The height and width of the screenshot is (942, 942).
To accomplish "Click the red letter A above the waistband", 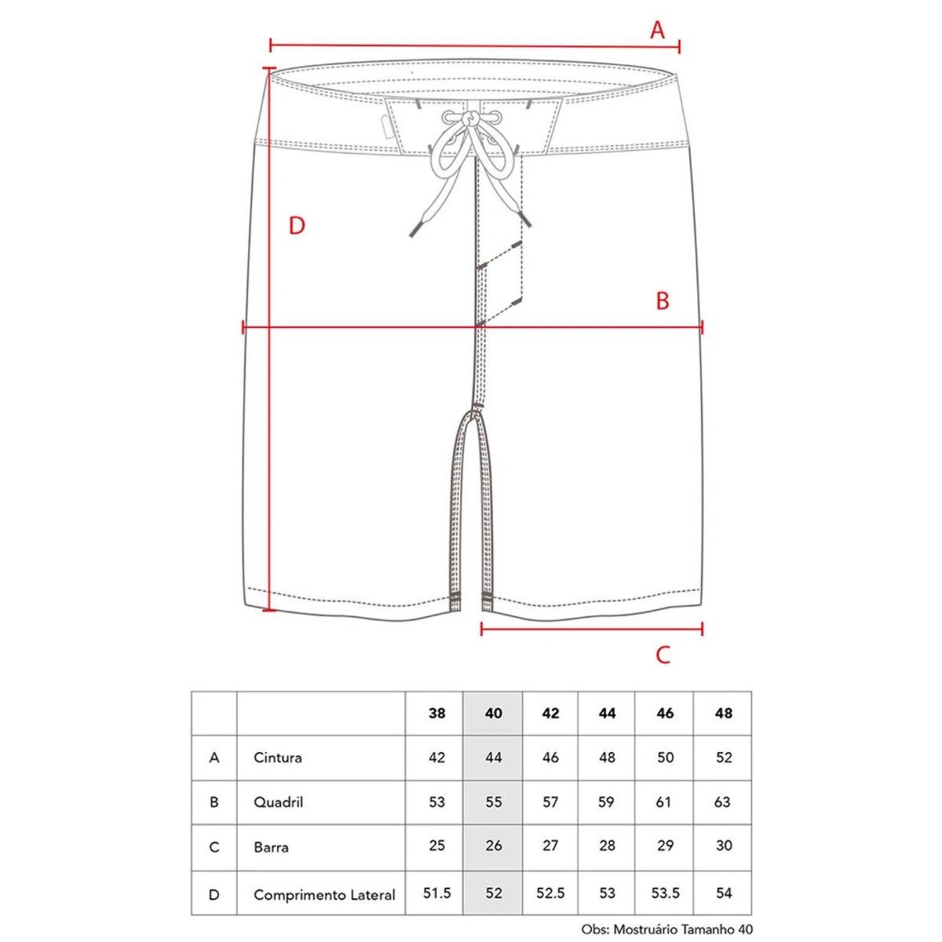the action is [658, 30].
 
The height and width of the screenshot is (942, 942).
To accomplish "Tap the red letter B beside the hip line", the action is [663, 301].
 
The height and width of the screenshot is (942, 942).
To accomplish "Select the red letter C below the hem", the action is [663, 655].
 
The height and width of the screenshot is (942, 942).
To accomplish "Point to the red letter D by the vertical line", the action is [297, 226].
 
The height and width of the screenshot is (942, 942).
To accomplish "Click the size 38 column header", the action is [436, 714].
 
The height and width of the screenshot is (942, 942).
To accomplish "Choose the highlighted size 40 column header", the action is [493, 714].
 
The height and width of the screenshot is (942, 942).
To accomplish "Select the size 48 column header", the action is [724, 714].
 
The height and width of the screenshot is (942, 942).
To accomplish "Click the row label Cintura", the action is [278, 758].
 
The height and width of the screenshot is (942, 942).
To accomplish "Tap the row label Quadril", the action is [278, 802].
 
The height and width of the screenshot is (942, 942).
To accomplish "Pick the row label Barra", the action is [271, 847].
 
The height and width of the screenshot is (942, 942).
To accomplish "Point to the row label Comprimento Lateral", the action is [324, 895].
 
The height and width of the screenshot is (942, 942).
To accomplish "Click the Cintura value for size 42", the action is [550, 758].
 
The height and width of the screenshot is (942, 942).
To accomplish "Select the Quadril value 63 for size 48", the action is [722, 802].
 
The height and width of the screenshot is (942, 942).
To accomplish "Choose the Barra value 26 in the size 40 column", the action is [493, 845].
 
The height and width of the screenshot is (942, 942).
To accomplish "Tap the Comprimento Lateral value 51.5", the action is [436, 893].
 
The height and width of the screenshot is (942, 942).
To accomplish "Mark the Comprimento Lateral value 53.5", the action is [666, 893].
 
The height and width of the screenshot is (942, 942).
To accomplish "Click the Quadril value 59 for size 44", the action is [606, 802].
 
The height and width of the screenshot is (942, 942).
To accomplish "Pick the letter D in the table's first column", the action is [214, 895].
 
